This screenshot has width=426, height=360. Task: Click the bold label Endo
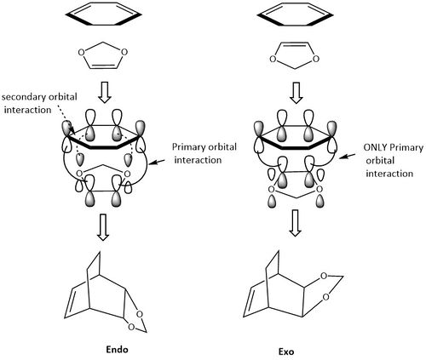click(117, 349)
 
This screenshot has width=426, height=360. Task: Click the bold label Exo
click(286, 352)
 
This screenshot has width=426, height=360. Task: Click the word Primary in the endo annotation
click(189, 147)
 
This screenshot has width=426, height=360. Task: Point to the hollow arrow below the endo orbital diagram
click(103, 227)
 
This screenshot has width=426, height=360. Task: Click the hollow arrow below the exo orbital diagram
click(295, 223)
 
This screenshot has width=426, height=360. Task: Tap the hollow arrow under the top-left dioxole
click(105, 93)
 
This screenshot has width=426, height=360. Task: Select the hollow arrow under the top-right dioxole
click(296, 93)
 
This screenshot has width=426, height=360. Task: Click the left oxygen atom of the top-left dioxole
click(81, 53)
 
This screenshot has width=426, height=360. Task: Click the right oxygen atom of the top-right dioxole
click(315, 59)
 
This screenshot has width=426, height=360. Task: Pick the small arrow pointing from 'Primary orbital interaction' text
click(157, 162)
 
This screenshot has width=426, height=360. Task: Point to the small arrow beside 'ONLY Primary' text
click(347, 156)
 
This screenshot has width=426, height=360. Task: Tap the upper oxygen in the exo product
click(324, 276)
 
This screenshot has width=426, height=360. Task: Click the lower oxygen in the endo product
click(131, 327)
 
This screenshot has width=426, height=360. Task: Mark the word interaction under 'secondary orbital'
click(27, 110)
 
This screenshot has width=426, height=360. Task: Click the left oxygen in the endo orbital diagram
click(79, 173)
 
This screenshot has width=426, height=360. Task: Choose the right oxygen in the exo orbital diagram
click(319, 189)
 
